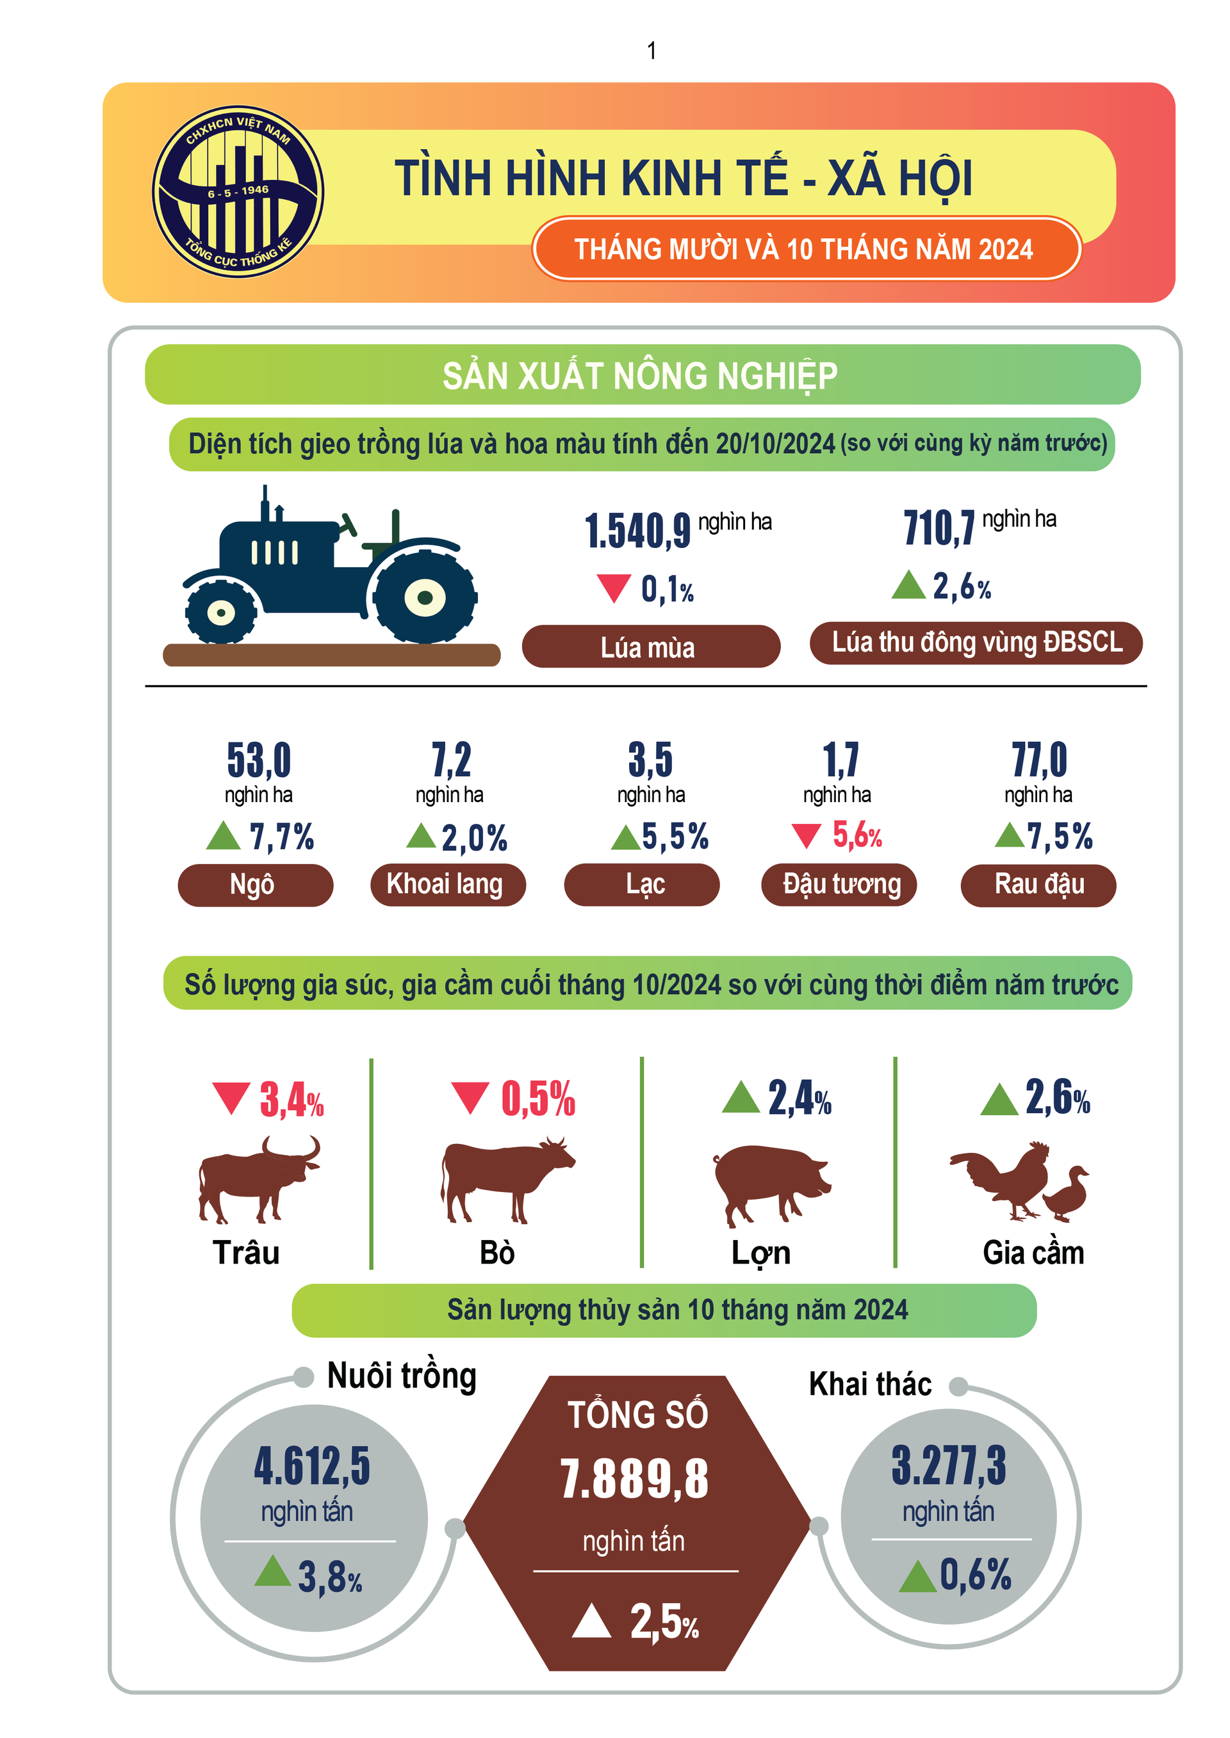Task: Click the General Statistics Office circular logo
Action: pyautogui.click(x=238, y=191)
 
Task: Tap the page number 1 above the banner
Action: pyautogui.click(x=652, y=51)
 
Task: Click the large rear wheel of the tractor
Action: pyautogui.click(x=424, y=597)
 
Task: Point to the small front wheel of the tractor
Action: pyautogui.click(x=221, y=611)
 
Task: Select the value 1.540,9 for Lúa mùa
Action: pyautogui.click(x=637, y=531)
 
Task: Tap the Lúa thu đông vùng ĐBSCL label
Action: pyautogui.click(x=976, y=643)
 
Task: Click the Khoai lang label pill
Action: pyautogui.click(x=447, y=884)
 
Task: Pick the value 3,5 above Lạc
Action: pyautogui.click(x=650, y=759)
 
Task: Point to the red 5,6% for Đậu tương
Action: pyautogui.click(x=857, y=835)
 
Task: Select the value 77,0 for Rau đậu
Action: pyautogui.click(x=1038, y=759)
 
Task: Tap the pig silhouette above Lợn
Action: pyautogui.click(x=769, y=1182)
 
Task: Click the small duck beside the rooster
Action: pyautogui.click(x=1067, y=1195)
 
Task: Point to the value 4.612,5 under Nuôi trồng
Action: pyautogui.click(x=312, y=1465)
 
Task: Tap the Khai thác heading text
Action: pyautogui.click(x=869, y=1384)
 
